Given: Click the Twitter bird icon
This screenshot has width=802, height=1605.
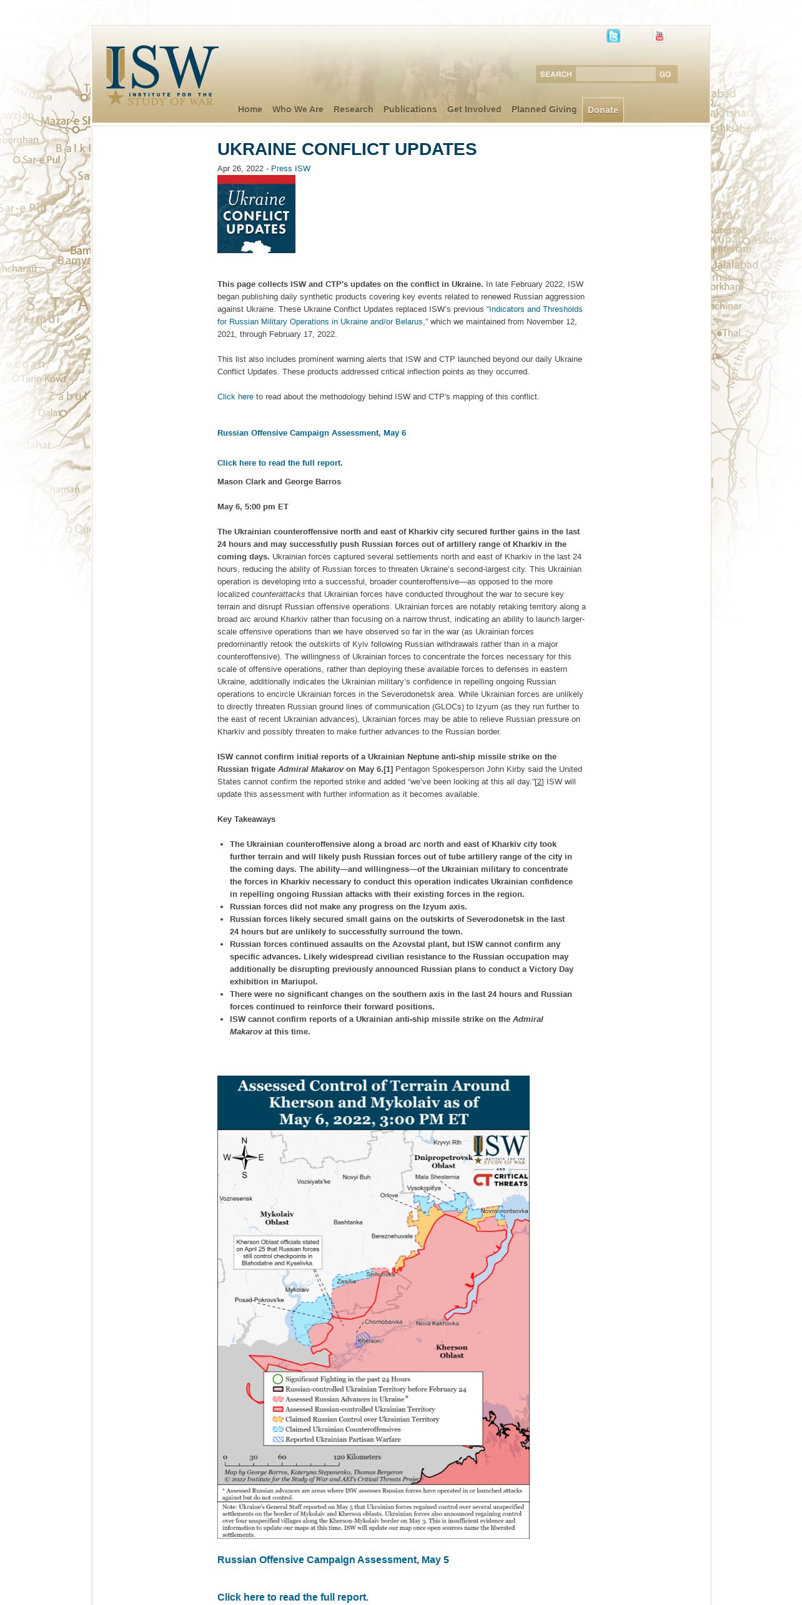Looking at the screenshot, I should pyautogui.click(x=613, y=36).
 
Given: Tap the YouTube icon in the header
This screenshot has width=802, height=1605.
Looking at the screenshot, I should pyautogui.click(x=659, y=36).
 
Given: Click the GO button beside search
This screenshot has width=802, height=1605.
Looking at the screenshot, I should pyautogui.click(x=665, y=74).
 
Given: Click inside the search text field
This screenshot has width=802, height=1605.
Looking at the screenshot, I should pyautogui.click(x=615, y=74).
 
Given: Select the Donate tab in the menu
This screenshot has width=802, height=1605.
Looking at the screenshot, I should pyautogui.click(x=603, y=110).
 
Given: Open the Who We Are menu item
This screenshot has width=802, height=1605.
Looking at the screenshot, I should pyautogui.click(x=297, y=109).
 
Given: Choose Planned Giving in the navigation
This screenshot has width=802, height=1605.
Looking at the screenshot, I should pyautogui.click(x=543, y=109).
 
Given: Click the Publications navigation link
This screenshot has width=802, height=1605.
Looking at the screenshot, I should pyautogui.click(x=410, y=109).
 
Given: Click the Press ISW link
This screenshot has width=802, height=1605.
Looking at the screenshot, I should pyautogui.click(x=290, y=169).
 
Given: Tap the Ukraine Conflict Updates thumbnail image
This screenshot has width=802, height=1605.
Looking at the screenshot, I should pyautogui.click(x=256, y=214).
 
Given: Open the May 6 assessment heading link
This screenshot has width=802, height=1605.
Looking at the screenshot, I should pyautogui.click(x=311, y=433).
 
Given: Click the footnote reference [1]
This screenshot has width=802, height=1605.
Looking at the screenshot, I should pyautogui.click(x=388, y=769).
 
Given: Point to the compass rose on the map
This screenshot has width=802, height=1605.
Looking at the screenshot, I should pyautogui.click(x=244, y=1157).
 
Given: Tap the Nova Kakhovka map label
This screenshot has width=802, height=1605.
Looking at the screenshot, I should pyautogui.click(x=437, y=1323).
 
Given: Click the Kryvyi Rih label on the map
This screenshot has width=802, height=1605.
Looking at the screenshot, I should pyautogui.click(x=447, y=1142).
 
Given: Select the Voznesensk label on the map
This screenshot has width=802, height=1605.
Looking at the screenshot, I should pyautogui.click(x=236, y=1199).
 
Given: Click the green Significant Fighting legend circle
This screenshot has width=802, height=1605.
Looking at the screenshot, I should pyautogui.click(x=278, y=1379).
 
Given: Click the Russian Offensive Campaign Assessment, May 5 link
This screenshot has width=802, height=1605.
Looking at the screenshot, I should pyautogui.click(x=333, y=1560).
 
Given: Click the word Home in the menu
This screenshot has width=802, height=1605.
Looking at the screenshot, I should pyautogui.click(x=250, y=109).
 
